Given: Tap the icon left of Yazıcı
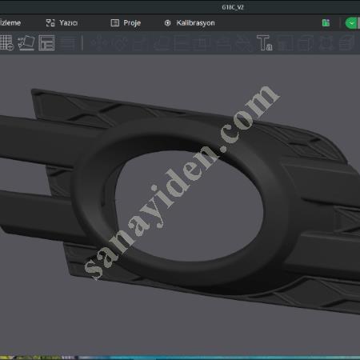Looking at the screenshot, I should pyautogui.click(x=50, y=23).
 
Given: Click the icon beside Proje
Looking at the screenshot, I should pyautogui.click(x=115, y=23).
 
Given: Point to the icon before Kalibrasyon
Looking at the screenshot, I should pyautogui.click(x=167, y=23).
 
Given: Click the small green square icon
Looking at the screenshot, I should pyautogui.click(x=326, y=23).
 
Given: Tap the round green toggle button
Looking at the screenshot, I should pyautogui.click(x=352, y=23).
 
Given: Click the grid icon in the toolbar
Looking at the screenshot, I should pyautogui.click(x=6, y=42).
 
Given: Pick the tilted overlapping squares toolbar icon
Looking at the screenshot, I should pyautogui.click(x=26, y=42).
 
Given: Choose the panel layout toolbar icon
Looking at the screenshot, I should pyautogui.click(x=47, y=42).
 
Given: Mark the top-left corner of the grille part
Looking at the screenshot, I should pyautogui.click(x=34, y=91).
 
